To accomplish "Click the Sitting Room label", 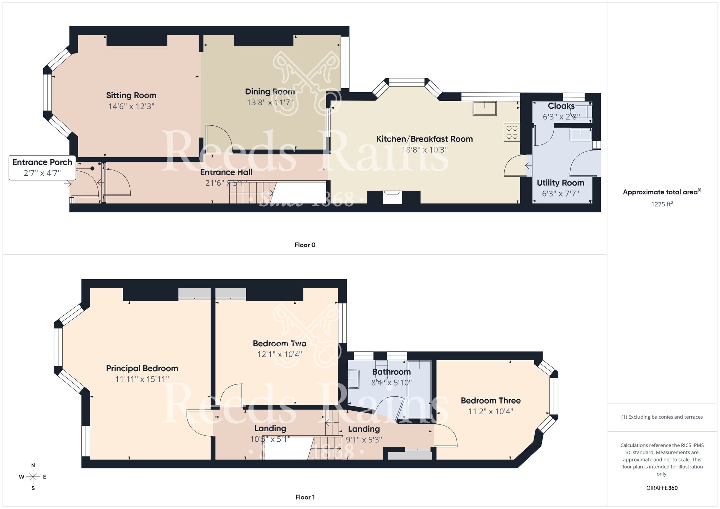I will click(131, 95).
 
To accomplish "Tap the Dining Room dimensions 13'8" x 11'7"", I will click(270, 103).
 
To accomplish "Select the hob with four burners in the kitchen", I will click(512, 132).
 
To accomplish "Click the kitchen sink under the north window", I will click(485, 108).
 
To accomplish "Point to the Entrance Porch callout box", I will click(42, 167).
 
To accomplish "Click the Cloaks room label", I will click(561, 106).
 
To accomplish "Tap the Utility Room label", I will click(560, 183).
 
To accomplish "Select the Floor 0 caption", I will click(305, 245).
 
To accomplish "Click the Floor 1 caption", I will click(305, 497).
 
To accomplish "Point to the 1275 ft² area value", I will click(662, 204).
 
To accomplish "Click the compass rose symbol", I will click(33, 477).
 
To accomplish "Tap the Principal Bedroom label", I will click(142, 368).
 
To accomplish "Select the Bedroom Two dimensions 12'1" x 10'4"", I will click(279, 354).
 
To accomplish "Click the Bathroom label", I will click(391, 372).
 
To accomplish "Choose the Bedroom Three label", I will click(490, 401).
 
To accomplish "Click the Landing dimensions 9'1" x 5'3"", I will click(364, 440).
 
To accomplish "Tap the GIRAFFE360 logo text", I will click(662, 488).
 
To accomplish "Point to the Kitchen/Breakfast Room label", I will click(424, 139).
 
